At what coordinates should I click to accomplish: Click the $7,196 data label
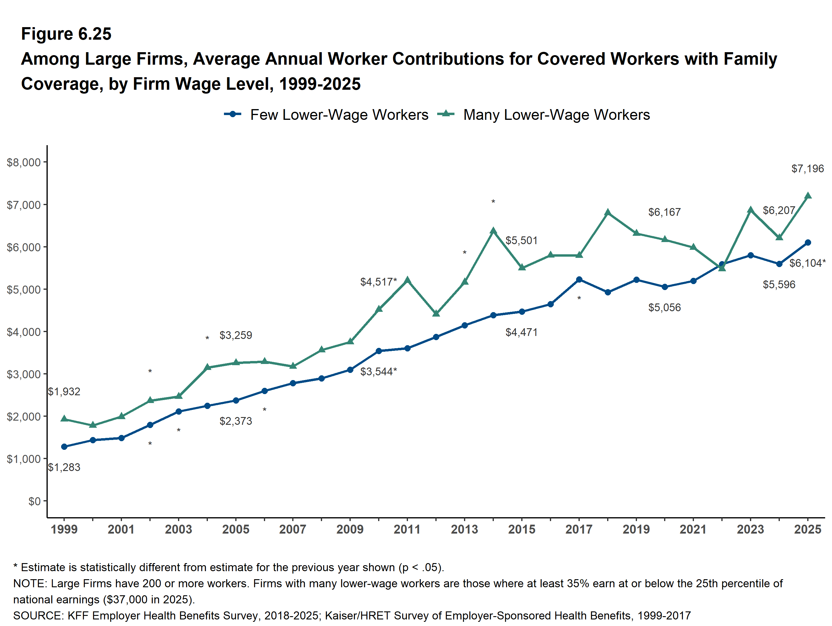pos(807,169)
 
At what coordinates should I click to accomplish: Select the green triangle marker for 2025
pos(808,196)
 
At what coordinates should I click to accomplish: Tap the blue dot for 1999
pos(64,447)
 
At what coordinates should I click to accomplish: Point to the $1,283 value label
pos(64,467)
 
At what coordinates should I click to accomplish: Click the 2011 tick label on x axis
pos(407,529)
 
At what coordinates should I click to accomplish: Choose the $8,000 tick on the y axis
pos(24,162)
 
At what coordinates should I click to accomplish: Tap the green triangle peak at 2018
pos(608,213)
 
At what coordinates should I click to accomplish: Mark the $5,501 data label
pos(521,241)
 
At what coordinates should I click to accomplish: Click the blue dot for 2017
pos(579,280)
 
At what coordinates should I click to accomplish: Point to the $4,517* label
pos(378,282)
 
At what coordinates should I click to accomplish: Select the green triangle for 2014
pos(494,230)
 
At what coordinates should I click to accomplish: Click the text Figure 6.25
pos(66,34)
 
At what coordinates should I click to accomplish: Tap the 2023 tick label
pos(750,529)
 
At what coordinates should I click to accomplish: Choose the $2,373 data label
pos(236,421)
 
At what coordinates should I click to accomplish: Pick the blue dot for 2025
pos(808,243)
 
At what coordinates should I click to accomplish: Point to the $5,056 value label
pos(665,308)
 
